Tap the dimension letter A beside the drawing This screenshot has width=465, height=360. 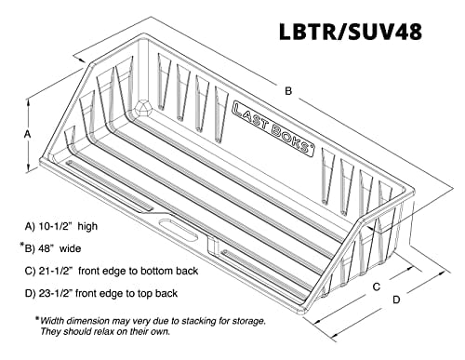coord(27,133)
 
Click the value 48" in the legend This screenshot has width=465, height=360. coord(56,248)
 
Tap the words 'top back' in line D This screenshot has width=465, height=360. coord(177,294)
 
